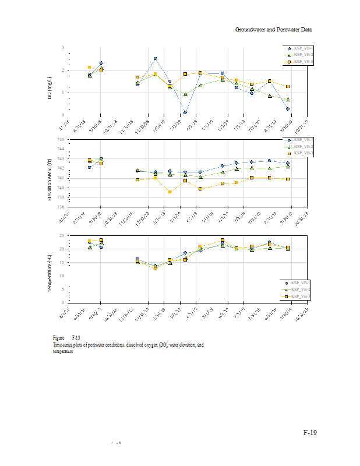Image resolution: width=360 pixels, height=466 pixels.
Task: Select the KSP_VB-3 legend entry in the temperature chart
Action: tap(301, 296)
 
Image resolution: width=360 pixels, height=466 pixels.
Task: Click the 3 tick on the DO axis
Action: tap(63, 47)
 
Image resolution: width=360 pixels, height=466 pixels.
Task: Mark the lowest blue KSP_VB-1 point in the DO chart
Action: tap(185, 112)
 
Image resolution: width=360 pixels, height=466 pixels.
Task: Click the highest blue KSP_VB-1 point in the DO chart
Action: tap(155, 58)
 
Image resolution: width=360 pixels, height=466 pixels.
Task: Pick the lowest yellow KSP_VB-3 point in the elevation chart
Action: tap(170, 192)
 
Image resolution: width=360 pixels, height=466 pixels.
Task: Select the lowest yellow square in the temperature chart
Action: tap(155, 268)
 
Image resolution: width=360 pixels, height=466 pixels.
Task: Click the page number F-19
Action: tap(310, 433)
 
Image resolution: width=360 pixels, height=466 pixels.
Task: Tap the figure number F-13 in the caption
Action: tap(76, 338)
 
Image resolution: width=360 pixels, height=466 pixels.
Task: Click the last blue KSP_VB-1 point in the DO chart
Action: tap(288, 109)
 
